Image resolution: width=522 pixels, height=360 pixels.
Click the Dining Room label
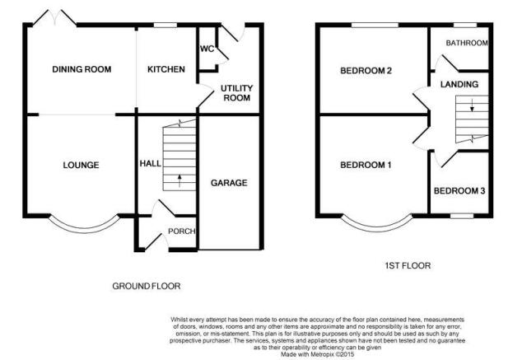[x=82, y=69]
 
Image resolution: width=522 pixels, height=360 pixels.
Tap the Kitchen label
[x=166, y=69]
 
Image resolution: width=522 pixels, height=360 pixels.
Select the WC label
[x=207, y=49]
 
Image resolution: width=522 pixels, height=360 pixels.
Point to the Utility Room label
[x=236, y=93]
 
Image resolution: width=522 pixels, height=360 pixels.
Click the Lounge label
[x=81, y=165]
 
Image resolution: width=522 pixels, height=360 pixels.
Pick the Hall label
[x=150, y=163]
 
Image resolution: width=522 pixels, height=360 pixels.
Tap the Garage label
[x=229, y=183]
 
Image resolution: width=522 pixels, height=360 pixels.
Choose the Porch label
[x=181, y=231]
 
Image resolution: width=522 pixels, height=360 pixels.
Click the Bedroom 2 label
[x=366, y=71]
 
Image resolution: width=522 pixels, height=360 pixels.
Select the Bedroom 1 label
[x=366, y=165]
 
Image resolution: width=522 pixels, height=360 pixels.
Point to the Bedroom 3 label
[x=459, y=191]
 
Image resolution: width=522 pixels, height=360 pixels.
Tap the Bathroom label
[x=467, y=43]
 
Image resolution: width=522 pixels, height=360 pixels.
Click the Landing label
[x=459, y=84]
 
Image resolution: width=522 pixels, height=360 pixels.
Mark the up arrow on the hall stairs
[x=179, y=181]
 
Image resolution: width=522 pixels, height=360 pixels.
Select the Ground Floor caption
[x=147, y=286]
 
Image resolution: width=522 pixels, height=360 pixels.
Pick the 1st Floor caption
[x=408, y=266]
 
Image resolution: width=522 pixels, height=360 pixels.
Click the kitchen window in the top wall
[x=165, y=25]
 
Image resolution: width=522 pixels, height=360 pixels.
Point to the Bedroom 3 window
[x=462, y=216]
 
